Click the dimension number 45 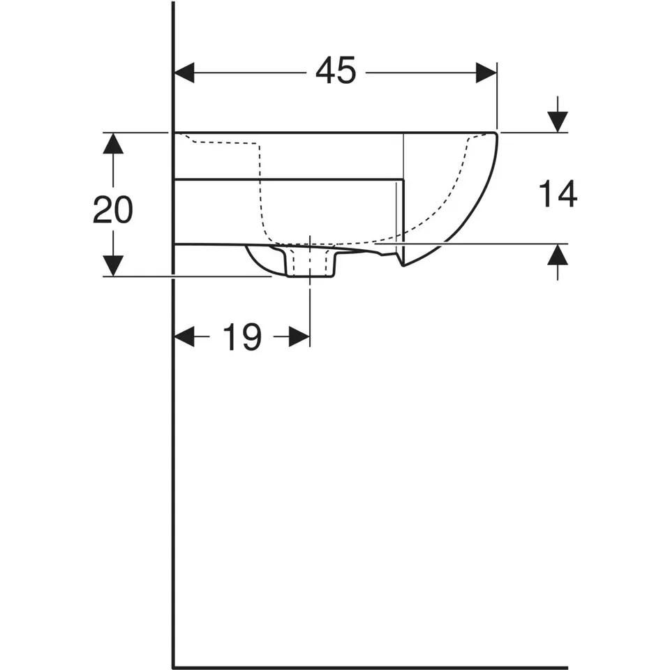coord(336,70)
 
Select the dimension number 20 coord(113,209)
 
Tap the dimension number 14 coord(558,193)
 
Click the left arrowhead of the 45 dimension coord(184,73)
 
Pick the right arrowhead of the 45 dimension coord(486,73)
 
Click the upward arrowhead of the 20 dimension coord(113,143)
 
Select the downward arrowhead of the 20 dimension coord(113,266)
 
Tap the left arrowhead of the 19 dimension coord(184,336)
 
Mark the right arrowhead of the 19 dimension coord(299,336)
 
